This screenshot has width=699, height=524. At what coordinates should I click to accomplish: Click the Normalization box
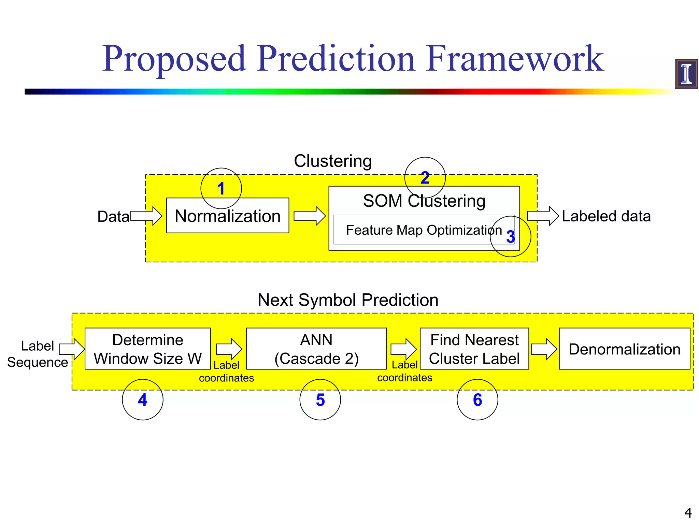point(228,216)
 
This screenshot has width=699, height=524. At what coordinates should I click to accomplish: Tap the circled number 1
point(221,188)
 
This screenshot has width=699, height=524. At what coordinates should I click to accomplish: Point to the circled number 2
point(425,178)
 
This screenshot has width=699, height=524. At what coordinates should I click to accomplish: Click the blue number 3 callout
point(510,236)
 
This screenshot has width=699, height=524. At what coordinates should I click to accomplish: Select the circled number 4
point(143,399)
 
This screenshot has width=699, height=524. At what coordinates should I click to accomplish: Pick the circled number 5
point(320,399)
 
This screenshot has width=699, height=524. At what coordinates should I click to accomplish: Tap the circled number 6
point(477,399)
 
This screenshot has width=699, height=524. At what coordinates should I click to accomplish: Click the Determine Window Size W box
point(148,349)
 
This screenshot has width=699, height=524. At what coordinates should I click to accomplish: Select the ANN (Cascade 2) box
point(316,349)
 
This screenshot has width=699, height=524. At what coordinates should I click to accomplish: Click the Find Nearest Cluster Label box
point(474,349)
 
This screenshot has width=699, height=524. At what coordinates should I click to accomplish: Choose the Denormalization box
point(624,349)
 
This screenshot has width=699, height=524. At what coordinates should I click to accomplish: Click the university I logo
point(686,74)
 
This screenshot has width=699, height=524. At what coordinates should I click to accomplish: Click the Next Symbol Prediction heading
point(348,300)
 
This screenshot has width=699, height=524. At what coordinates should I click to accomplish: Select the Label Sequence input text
point(38,354)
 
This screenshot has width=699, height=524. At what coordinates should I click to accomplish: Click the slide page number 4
point(688,513)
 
